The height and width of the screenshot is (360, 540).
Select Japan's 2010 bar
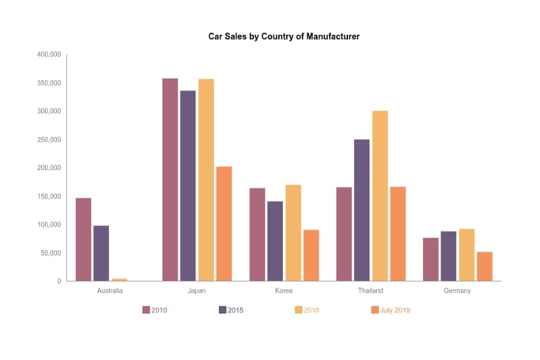170,180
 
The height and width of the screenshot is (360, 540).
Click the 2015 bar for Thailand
362,210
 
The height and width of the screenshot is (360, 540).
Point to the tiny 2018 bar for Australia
119,279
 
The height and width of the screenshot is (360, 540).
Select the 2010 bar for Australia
84,239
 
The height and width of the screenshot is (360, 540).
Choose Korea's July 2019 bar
311,255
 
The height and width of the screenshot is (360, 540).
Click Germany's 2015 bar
448,256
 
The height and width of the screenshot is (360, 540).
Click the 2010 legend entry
155,310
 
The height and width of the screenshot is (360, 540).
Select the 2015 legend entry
231,310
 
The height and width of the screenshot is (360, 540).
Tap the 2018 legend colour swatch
299,310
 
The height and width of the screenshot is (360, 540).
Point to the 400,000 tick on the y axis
49,55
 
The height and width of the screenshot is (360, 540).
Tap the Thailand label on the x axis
370,291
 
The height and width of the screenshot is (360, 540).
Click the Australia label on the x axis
109,291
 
